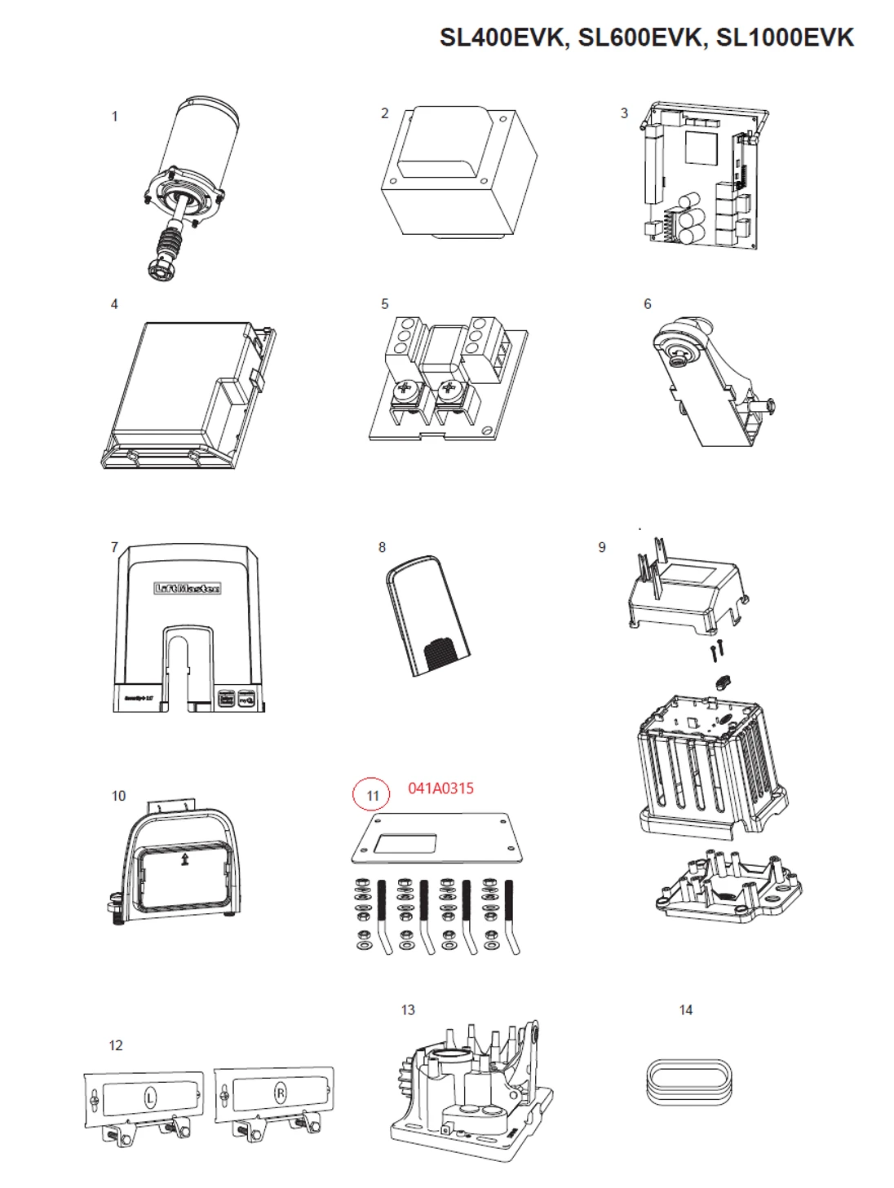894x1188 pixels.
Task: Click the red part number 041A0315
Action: point(440,788)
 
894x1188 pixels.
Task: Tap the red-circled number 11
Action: point(373,796)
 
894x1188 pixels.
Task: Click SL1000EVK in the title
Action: point(785,38)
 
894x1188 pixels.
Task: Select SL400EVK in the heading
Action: point(502,38)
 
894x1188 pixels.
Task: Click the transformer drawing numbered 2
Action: point(458,173)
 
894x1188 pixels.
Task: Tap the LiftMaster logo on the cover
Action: point(188,588)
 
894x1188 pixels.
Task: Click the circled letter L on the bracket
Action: point(150,1097)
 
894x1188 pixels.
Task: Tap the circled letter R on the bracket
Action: point(280,1093)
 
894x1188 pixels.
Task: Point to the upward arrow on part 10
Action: point(185,859)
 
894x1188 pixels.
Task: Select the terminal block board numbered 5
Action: point(447,375)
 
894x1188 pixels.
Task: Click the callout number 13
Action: point(408,1010)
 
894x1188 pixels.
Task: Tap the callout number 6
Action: point(648,304)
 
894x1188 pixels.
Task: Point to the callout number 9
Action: point(602,547)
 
